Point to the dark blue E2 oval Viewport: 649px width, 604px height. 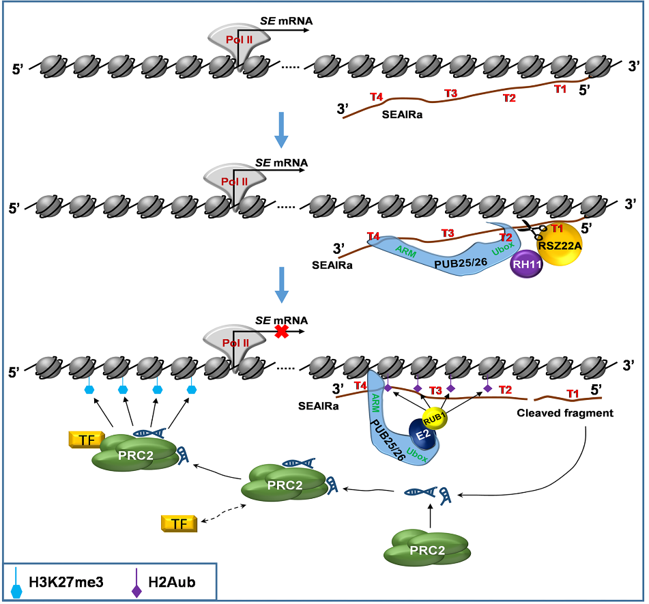(421, 432)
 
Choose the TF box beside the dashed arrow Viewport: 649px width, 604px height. (179, 524)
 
